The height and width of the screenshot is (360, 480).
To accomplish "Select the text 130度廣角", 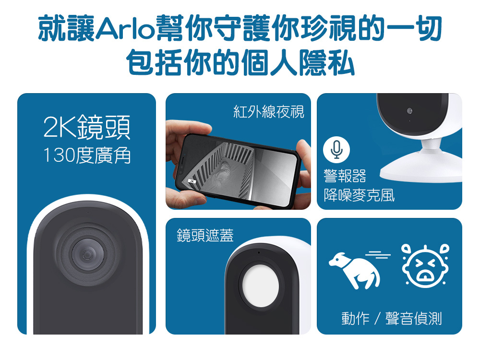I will coord(86,155).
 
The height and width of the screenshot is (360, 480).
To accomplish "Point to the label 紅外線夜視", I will coord(268,112).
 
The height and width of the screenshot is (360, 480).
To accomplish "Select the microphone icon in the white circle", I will coord(336,150).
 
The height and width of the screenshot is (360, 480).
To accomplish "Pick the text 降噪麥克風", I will coord(359,195).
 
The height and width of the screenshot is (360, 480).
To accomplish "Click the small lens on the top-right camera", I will coord(409,111).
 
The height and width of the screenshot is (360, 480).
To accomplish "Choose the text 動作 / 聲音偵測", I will coord(391,318).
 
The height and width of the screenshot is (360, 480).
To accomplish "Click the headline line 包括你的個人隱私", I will coord(240,64).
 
